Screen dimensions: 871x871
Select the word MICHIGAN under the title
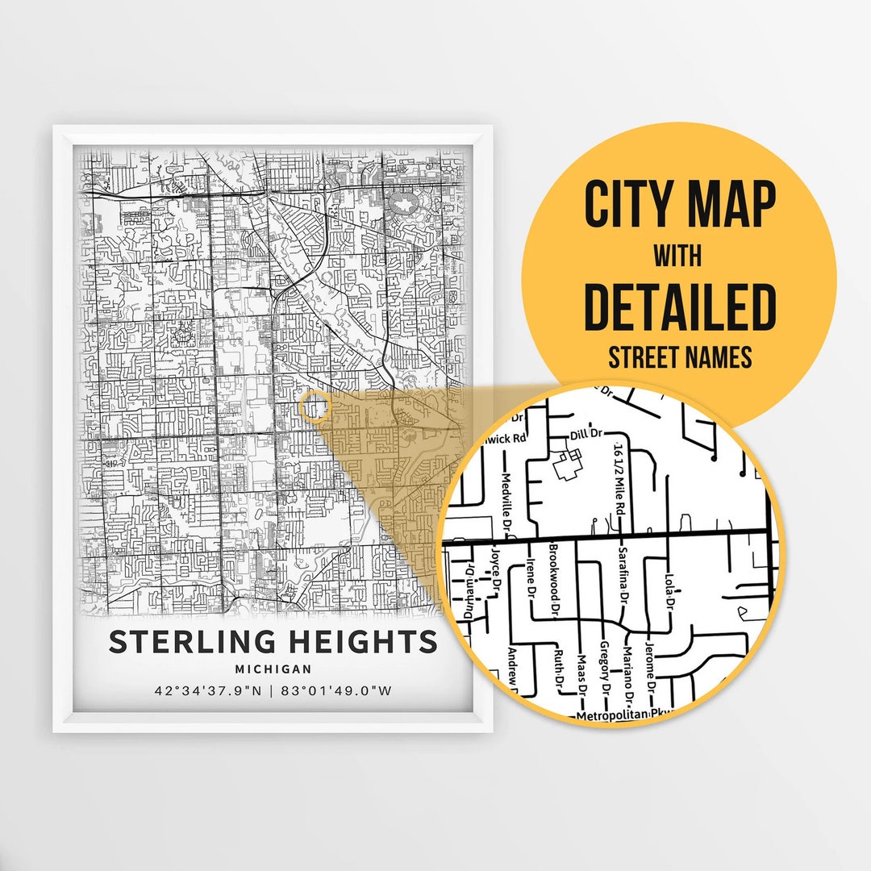pyautogui.click(x=273, y=669)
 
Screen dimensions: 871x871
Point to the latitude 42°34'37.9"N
pyautogui.click(x=206, y=690)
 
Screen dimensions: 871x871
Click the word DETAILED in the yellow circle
pyautogui.click(x=680, y=306)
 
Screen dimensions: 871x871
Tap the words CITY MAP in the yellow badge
pyautogui.click(x=680, y=205)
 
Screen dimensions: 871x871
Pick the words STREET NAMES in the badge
pyautogui.click(x=680, y=356)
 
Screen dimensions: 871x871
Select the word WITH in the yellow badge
pyautogui.click(x=677, y=256)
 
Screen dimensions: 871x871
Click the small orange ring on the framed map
pyautogui.click(x=313, y=406)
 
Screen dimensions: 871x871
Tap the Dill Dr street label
pyautogui.click(x=586, y=434)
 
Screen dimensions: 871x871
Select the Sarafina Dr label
pyautogui.click(x=622, y=575)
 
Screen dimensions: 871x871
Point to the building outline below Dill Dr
pyautogui.click(x=569, y=464)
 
